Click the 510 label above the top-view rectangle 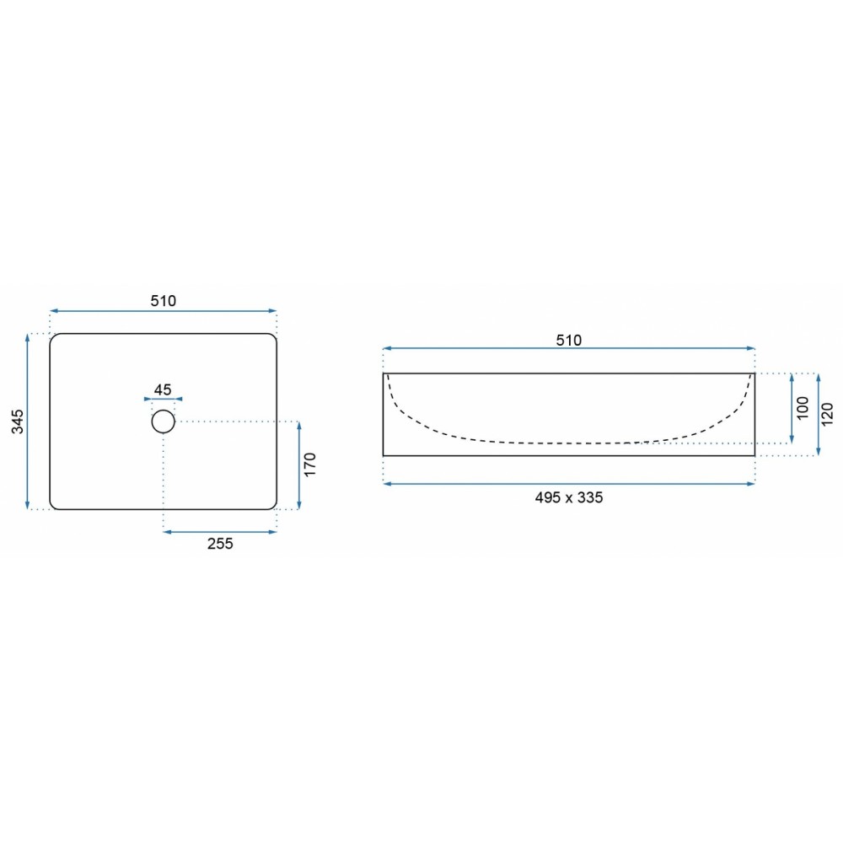(163, 301)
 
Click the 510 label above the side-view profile (569, 340)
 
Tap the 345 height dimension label (18, 421)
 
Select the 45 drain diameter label (163, 389)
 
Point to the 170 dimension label (309, 464)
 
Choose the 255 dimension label (220, 544)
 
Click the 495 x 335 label (569, 497)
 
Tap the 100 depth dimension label (803, 407)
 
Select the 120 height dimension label (828, 414)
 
